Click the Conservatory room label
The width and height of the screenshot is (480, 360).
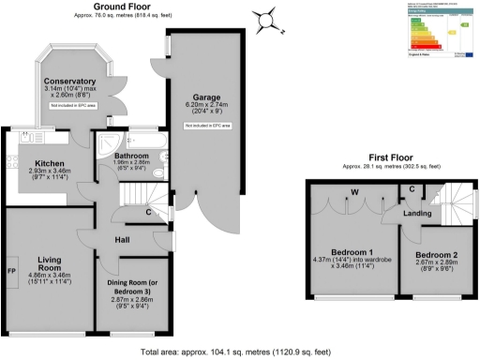[71, 81]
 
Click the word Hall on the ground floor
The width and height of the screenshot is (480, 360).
[121, 240]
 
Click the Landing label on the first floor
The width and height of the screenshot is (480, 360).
[417, 213]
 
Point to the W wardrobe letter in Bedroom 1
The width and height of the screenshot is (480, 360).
[354, 194]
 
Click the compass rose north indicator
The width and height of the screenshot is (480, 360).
[269, 18]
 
